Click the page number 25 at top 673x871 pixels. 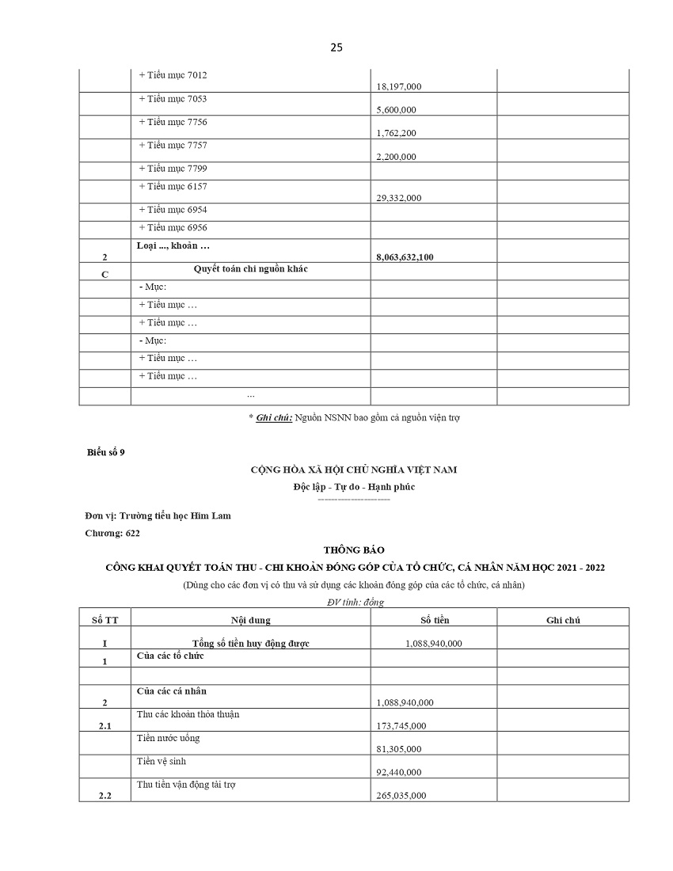pos(336,48)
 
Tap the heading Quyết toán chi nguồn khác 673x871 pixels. pos(250,269)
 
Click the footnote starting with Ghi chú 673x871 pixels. pos(353,417)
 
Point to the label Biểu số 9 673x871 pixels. pos(105,452)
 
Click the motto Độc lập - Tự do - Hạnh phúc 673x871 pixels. pos(353,487)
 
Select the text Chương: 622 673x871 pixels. pos(112,533)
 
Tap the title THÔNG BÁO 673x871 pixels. pos(353,550)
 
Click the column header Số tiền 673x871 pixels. pos(434,620)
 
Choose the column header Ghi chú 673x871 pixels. pos(563,620)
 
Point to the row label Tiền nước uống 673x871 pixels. pos(168,738)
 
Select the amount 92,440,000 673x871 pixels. pos(397,772)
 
